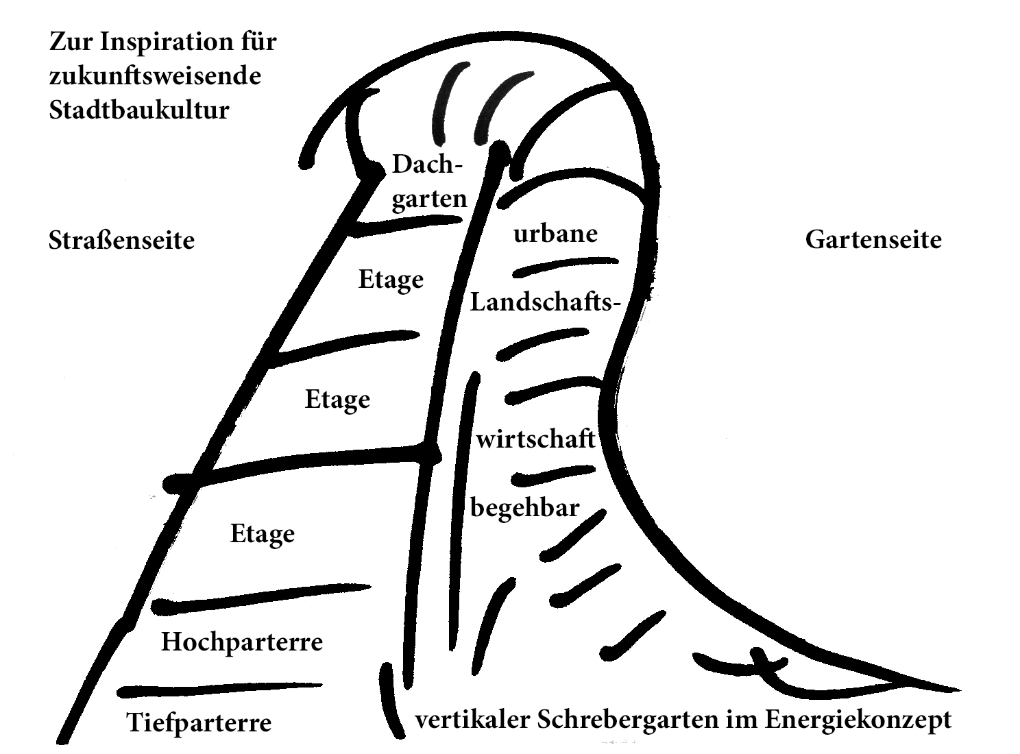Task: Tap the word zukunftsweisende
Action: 155,76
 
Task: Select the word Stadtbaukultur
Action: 138,110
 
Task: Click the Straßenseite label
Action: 121,241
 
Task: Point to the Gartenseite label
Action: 873,240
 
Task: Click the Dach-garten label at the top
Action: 428,182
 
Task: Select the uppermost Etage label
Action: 391,280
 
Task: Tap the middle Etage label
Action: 337,400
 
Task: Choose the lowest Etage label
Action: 262,534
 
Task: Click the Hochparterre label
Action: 241,642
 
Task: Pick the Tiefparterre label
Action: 199,722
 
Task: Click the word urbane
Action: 555,234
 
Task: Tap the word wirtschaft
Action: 535,439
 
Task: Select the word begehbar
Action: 525,508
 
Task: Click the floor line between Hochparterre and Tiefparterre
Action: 219,688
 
